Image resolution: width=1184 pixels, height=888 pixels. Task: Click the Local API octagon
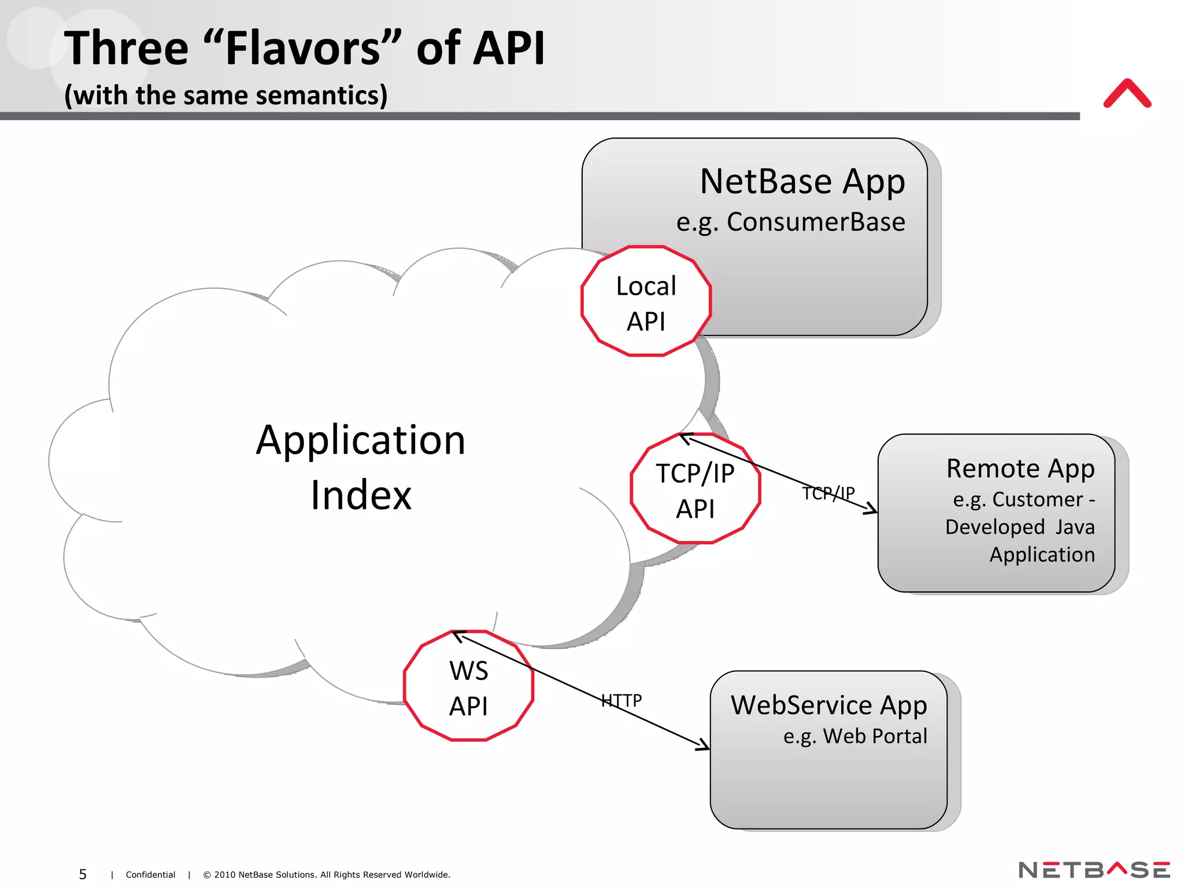[x=646, y=301]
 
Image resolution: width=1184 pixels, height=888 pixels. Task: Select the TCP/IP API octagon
[x=695, y=489]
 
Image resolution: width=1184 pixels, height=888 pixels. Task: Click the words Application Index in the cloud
[x=361, y=467]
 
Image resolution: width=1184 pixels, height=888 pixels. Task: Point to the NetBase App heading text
[x=802, y=182]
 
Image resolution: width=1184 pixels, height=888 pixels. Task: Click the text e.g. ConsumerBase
[x=790, y=222]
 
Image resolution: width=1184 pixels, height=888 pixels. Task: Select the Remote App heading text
[x=1020, y=468]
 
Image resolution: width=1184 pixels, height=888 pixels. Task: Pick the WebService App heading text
[x=828, y=705]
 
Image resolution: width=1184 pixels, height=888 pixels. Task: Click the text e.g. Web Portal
[x=854, y=736]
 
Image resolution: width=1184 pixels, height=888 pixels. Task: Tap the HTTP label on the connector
[x=621, y=701]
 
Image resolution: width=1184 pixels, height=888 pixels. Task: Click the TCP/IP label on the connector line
[x=828, y=493]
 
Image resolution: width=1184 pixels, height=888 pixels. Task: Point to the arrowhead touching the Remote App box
[x=872, y=509]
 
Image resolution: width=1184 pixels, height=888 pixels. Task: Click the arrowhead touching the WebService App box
[x=704, y=745]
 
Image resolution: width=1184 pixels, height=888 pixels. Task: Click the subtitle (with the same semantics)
[x=225, y=95]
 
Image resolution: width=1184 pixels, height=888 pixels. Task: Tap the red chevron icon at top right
[x=1127, y=94]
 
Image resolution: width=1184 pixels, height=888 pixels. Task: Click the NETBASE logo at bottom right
[x=1094, y=870]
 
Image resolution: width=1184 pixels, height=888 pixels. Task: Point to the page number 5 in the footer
[x=83, y=874]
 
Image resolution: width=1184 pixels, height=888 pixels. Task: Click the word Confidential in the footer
[x=150, y=875]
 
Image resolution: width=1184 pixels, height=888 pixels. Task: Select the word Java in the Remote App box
[x=1075, y=527]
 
